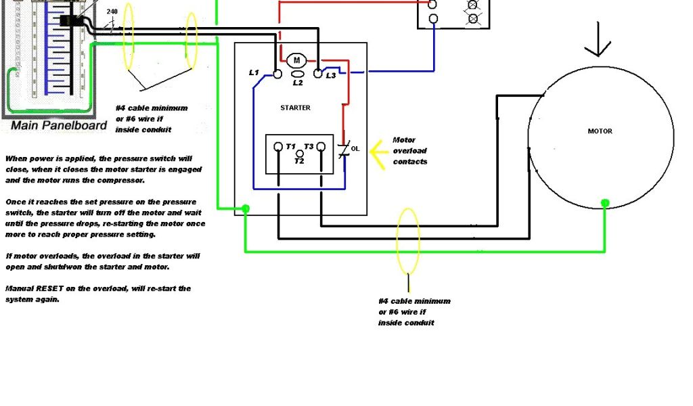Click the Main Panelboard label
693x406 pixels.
click(x=59, y=125)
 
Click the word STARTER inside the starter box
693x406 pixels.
click(x=295, y=108)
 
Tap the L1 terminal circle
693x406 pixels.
click(x=277, y=73)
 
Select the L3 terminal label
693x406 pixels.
click(x=330, y=75)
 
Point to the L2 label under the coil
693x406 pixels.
click(x=298, y=83)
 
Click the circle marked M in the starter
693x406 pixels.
click(x=296, y=61)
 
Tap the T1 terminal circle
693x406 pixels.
click(x=278, y=146)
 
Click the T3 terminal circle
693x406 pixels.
click(x=321, y=146)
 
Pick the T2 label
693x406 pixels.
click(x=299, y=160)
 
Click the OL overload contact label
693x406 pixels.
click(x=355, y=148)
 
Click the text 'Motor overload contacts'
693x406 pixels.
click(x=409, y=151)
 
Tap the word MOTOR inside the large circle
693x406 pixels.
click(x=600, y=131)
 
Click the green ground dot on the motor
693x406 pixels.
click(x=606, y=202)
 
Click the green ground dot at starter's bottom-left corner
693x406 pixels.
click(x=245, y=209)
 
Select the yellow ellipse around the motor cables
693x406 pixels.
click(x=408, y=241)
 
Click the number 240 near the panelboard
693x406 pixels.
click(x=111, y=12)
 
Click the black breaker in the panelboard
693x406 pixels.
click(x=70, y=21)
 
